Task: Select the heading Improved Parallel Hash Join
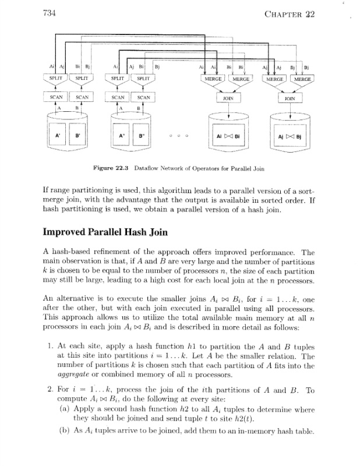(104, 230)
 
